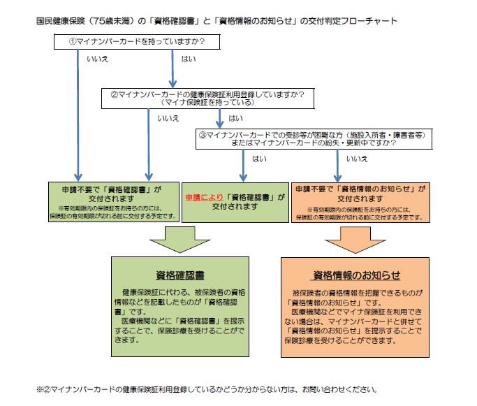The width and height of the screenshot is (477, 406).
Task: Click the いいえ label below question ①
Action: coord(97,59)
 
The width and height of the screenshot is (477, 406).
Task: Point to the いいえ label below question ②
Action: coord(168,118)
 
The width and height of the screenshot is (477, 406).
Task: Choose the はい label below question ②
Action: coord(236,118)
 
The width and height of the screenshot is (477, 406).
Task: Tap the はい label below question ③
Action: coord(259,159)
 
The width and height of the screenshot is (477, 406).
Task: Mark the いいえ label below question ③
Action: coord(357,159)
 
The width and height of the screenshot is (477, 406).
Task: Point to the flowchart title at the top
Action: coord(217,20)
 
